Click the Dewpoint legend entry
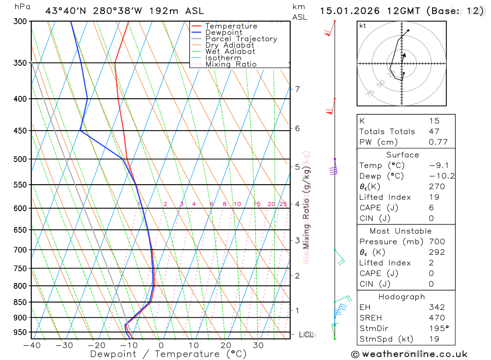click(223, 32)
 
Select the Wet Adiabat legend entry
click(230, 51)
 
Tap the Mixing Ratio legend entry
click(231, 64)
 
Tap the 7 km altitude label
click(297, 89)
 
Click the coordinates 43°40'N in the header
click(65, 10)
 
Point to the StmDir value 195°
click(437, 328)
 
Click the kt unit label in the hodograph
click(362, 26)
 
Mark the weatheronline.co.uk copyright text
click(409, 354)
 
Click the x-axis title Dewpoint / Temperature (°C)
click(168, 354)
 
